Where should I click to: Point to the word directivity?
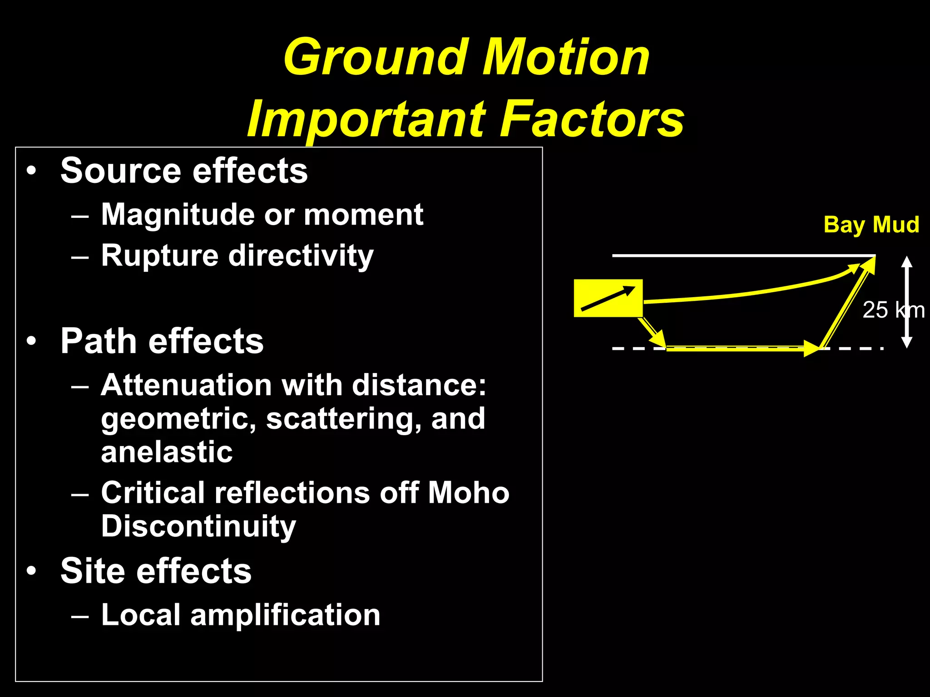(301, 256)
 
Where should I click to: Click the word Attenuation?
(186, 386)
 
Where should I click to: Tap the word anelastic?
(167, 452)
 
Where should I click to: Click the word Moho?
(469, 493)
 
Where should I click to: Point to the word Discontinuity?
(198, 526)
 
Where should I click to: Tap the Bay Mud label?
(871, 225)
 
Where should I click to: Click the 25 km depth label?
(893, 310)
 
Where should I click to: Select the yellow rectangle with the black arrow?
(608, 298)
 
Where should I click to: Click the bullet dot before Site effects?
(31, 571)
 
